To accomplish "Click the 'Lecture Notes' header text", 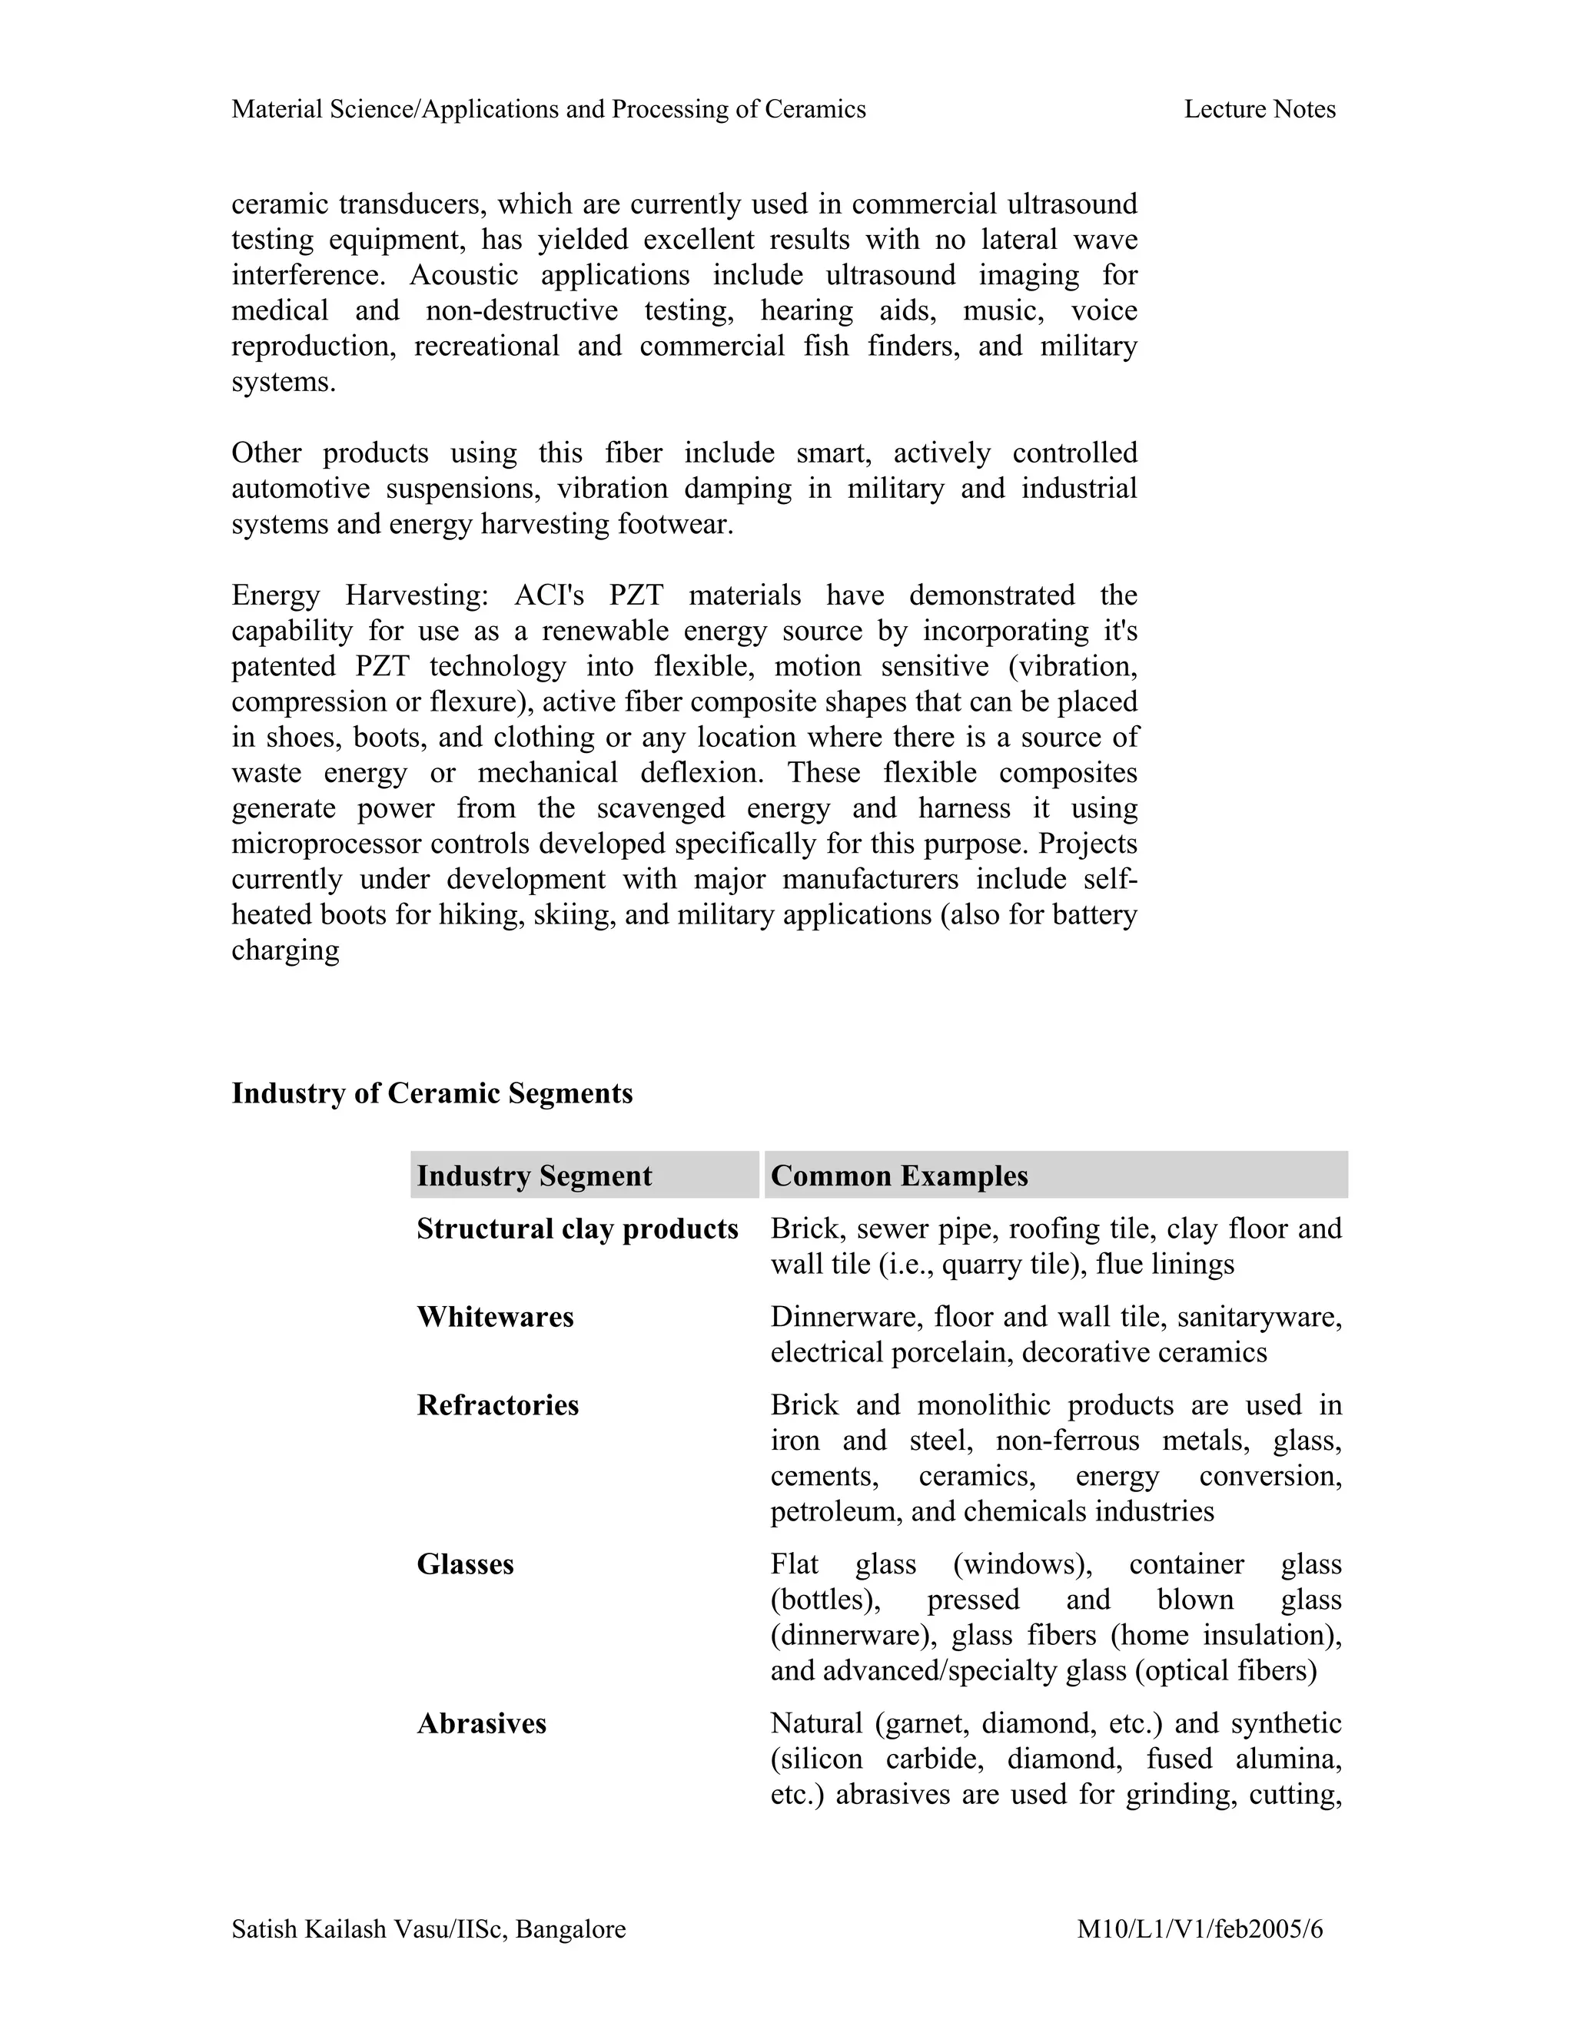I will tap(1259, 110).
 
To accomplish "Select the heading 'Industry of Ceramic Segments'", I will tap(432, 1093).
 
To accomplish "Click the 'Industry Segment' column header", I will tap(534, 1176).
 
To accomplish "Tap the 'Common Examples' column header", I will tap(899, 1176).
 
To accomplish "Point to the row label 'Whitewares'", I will tap(495, 1316).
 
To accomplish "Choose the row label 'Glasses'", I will tap(465, 1563).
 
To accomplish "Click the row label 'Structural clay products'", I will tap(577, 1229).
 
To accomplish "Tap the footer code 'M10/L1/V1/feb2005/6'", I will tap(1199, 1928).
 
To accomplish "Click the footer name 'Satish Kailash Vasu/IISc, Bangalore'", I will tap(429, 1928).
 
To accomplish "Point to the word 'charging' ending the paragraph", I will tap(285, 951).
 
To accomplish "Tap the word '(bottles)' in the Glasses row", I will tap(825, 1600).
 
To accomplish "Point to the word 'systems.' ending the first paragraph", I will tap(284, 382).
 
